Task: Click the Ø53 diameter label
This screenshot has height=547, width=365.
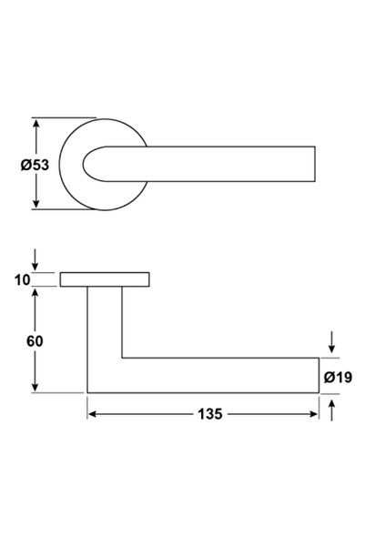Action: (x=35, y=165)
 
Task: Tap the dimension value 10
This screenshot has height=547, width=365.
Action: (x=23, y=279)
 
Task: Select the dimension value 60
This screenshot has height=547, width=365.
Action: (x=35, y=341)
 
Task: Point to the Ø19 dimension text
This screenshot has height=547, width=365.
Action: (x=338, y=377)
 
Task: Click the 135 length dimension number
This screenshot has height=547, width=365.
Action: (x=210, y=414)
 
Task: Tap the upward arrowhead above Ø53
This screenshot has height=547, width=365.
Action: (x=35, y=123)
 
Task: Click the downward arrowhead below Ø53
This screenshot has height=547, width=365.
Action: (x=35, y=204)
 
